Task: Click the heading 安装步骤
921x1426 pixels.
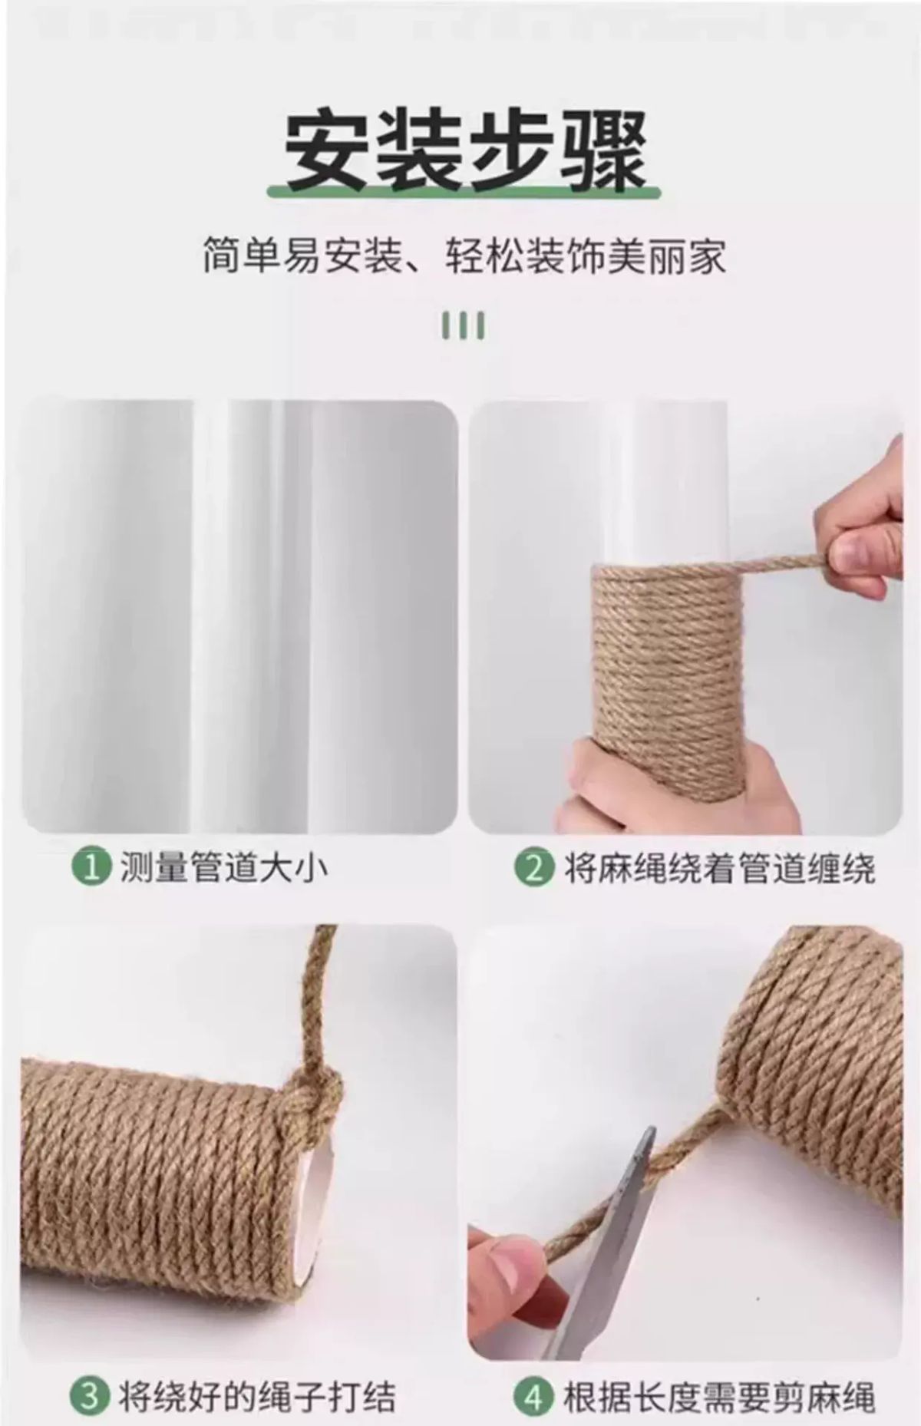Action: (465, 151)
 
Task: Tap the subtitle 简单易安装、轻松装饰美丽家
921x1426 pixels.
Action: (464, 256)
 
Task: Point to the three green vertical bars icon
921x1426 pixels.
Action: (463, 325)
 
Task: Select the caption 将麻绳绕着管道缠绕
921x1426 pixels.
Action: (720, 868)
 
